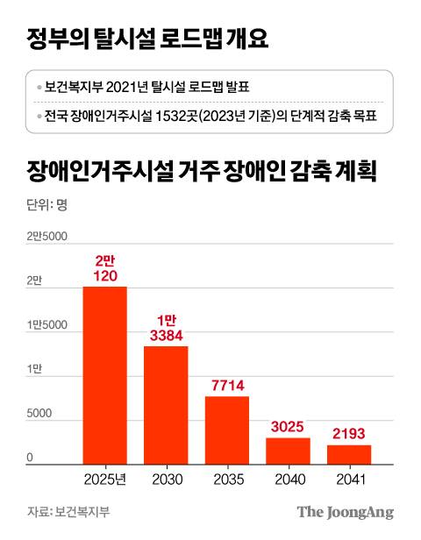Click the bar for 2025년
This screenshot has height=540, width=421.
[104, 375]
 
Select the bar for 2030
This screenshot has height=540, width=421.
[166, 405]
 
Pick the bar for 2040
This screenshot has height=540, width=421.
[288, 451]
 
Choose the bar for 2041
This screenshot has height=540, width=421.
[349, 454]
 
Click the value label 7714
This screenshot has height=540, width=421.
[227, 384]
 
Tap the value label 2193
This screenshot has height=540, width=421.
[349, 433]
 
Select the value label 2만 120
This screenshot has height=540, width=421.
[104, 267]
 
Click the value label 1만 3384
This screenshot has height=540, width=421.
[166, 328]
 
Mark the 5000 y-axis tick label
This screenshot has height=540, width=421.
[40, 414]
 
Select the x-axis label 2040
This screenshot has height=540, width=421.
[288, 480]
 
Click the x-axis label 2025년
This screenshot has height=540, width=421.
[104, 480]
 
